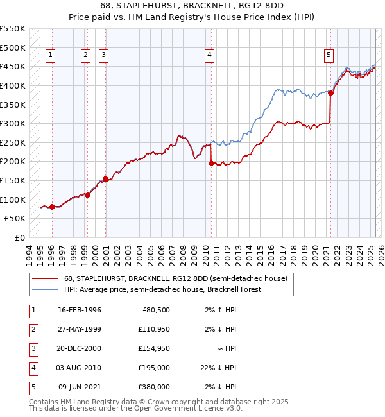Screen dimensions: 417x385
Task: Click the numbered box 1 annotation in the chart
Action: (x=51, y=56)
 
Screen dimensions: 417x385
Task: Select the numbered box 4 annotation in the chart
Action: (x=210, y=56)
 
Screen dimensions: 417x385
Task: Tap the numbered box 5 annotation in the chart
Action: (x=329, y=56)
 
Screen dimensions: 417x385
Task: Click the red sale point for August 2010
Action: (x=210, y=164)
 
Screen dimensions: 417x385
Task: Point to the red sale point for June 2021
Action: (x=331, y=93)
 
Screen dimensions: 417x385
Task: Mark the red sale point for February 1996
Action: (x=52, y=207)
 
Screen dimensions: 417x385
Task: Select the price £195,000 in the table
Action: (x=155, y=368)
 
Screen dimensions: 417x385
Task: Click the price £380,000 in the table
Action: (x=155, y=387)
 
